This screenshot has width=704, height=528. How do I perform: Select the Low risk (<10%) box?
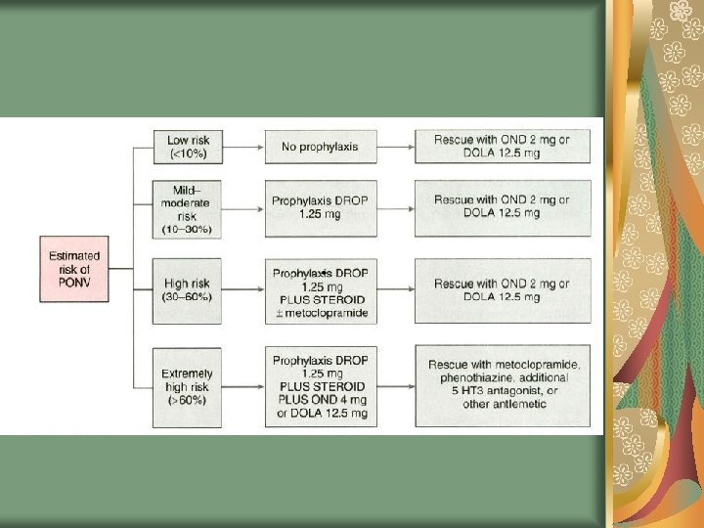(188, 148)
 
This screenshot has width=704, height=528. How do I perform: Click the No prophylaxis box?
(320, 148)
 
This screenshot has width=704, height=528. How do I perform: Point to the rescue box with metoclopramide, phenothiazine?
(504, 386)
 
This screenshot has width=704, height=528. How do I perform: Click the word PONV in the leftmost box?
(74, 283)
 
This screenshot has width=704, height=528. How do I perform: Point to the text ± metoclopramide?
(320, 313)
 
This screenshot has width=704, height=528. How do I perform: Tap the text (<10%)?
(188, 154)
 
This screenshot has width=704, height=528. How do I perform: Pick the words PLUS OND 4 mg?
(320, 401)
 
